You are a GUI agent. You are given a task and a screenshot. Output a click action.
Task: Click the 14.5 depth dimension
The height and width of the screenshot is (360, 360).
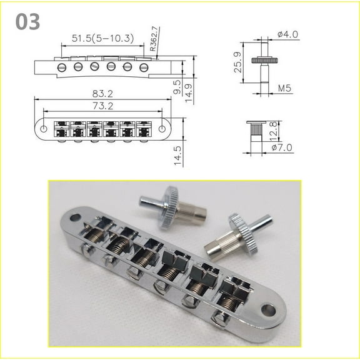click(x=177, y=152)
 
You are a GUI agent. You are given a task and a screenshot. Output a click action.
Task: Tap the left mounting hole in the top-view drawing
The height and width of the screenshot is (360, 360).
click(x=43, y=129)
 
